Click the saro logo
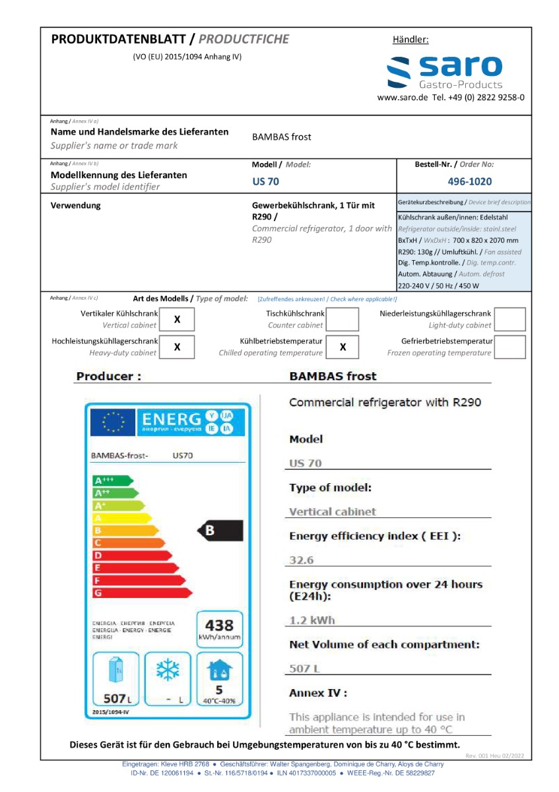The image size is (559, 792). [444, 71]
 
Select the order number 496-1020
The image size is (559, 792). [469, 181]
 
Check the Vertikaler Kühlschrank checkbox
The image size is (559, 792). [178, 319]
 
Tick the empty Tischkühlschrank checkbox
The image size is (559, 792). [343, 319]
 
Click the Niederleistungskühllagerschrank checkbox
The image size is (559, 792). [510, 319]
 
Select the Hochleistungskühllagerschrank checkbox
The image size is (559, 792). [178, 346]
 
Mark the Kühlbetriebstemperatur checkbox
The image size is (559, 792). [343, 346]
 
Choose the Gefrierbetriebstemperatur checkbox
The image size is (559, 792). [510, 346]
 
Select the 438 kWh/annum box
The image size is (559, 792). [219, 629]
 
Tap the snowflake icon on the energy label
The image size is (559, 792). [168, 671]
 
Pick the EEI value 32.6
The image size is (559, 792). [302, 560]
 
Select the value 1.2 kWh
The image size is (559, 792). [312, 620]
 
